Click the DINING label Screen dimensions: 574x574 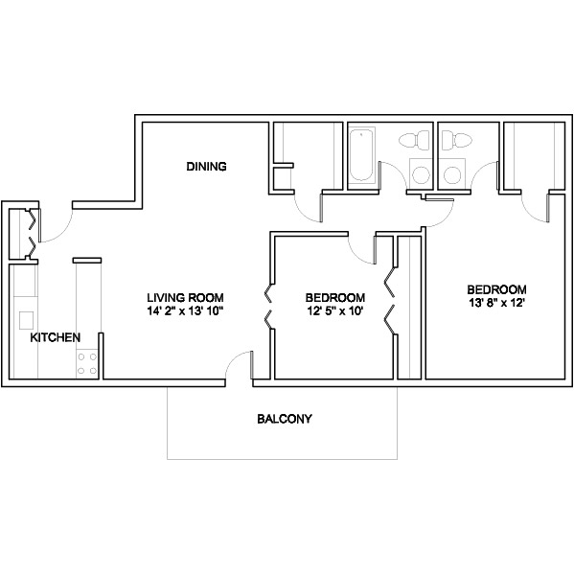click(206, 167)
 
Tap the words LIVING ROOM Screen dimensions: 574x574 click(185, 297)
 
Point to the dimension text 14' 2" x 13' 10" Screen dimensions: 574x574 click(185, 311)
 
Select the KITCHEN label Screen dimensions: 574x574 click(56, 337)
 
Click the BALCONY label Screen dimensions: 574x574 click(285, 419)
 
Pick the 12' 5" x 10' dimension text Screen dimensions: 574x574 click(335, 311)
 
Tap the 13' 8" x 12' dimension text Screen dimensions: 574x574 click(496, 303)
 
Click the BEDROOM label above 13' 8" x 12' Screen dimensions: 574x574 click(496, 289)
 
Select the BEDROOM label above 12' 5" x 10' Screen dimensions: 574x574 click(335, 297)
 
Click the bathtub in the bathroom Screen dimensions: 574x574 click(361, 155)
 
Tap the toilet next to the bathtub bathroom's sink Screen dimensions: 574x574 click(414, 140)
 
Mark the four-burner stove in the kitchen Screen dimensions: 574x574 click(87, 363)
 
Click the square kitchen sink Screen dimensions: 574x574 click(27, 321)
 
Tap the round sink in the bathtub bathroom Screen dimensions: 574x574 click(421, 174)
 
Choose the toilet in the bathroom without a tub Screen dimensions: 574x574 click(456, 140)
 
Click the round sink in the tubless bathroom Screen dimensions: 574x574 click(452, 174)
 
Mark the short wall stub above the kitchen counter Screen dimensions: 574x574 click(87, 261)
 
